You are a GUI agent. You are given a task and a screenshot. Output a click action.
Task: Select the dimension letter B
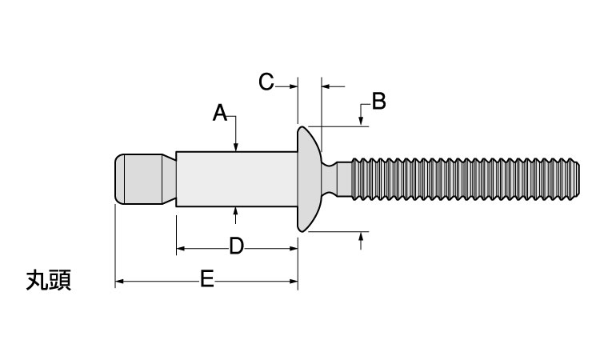(x=378, y=102)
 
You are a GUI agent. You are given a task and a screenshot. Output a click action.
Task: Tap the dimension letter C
(x=267, y=82)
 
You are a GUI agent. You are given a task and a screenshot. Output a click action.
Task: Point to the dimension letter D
(x=236, y=246)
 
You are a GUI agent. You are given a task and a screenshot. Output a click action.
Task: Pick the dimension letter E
(x=206, y=280)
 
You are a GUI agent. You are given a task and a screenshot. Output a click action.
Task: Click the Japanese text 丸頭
(x=49, y=281)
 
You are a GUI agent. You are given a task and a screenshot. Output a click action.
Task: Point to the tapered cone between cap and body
(x=166, y=179)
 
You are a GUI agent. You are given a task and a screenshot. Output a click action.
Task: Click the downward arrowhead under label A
(x=236, y=146)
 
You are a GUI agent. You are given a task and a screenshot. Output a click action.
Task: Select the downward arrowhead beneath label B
(x=362, y=121)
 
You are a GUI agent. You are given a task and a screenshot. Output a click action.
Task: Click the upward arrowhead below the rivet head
(x=362, y=237)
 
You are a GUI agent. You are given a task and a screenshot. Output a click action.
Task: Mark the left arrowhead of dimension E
(x=120, y=281)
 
